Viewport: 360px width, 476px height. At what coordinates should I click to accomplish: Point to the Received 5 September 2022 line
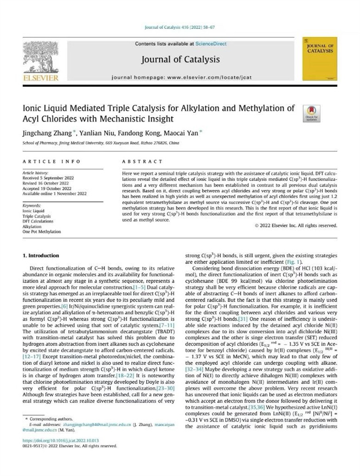tap(46, 178)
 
